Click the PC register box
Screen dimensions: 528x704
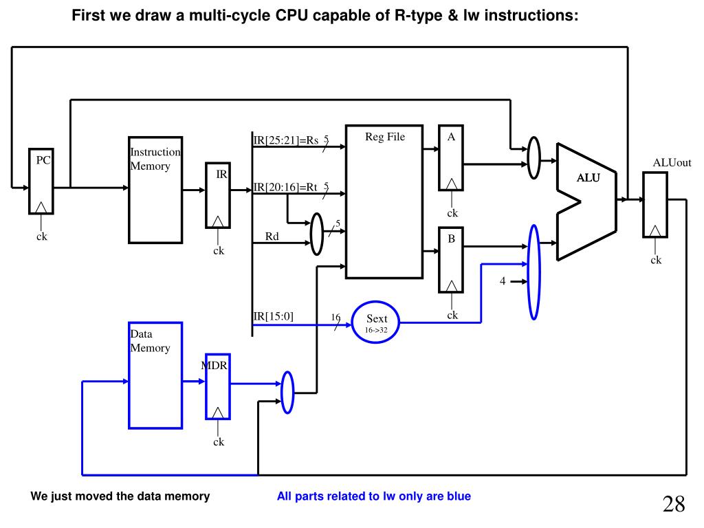point(41,181)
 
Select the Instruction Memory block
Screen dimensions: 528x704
point(155,190)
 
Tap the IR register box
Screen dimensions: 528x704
point(218,195)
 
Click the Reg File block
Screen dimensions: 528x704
point(384,202)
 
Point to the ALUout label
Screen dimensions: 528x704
point(671,163)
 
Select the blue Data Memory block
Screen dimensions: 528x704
point(155,375)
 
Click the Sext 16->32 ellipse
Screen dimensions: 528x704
point(376,323)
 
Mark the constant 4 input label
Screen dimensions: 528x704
point(503,281)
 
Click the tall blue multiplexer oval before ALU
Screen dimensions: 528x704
point(534,272)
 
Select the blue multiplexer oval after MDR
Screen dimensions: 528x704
point(287,393)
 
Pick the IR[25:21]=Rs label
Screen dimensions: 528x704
point(286,141)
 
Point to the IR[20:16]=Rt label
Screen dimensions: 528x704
point(286,188)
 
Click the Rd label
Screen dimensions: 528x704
point(272,237)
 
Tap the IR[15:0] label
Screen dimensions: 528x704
point(273,316)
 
